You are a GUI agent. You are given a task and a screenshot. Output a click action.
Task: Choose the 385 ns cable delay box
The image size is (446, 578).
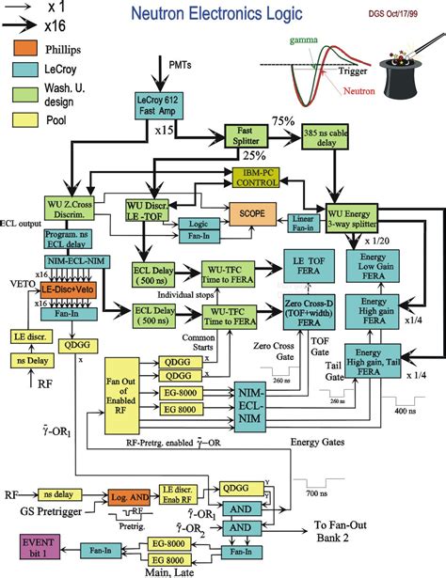pos(329,137)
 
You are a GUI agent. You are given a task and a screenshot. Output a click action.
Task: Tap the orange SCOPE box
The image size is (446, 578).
pos(252,213)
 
